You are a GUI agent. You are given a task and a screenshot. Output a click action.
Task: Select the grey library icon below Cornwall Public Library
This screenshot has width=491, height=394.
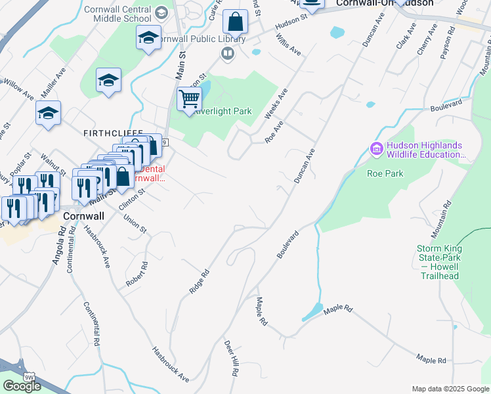pyautogui.click(x=228, y=53)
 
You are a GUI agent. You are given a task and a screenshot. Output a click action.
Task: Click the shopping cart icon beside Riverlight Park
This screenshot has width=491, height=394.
pyautogui.click(x=189, y=98)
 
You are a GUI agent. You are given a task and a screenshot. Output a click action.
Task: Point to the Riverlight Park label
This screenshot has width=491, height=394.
pyautogui.click(x=223, y=112)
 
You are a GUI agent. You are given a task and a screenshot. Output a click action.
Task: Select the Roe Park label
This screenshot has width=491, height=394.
pyautogui.click(x=385, y=173)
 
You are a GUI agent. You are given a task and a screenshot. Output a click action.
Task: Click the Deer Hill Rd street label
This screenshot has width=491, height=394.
pyautogui.click(x=232, y=358)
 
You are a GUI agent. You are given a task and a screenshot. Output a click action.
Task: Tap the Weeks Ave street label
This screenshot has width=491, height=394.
pyautogui.click(x=276, y=104)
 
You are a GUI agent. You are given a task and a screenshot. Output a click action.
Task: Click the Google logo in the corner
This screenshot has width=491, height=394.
pyautogui.click(x=22, y=386)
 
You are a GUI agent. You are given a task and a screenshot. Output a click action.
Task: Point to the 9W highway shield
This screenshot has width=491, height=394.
pyautogui.click(x=28, y=376)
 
